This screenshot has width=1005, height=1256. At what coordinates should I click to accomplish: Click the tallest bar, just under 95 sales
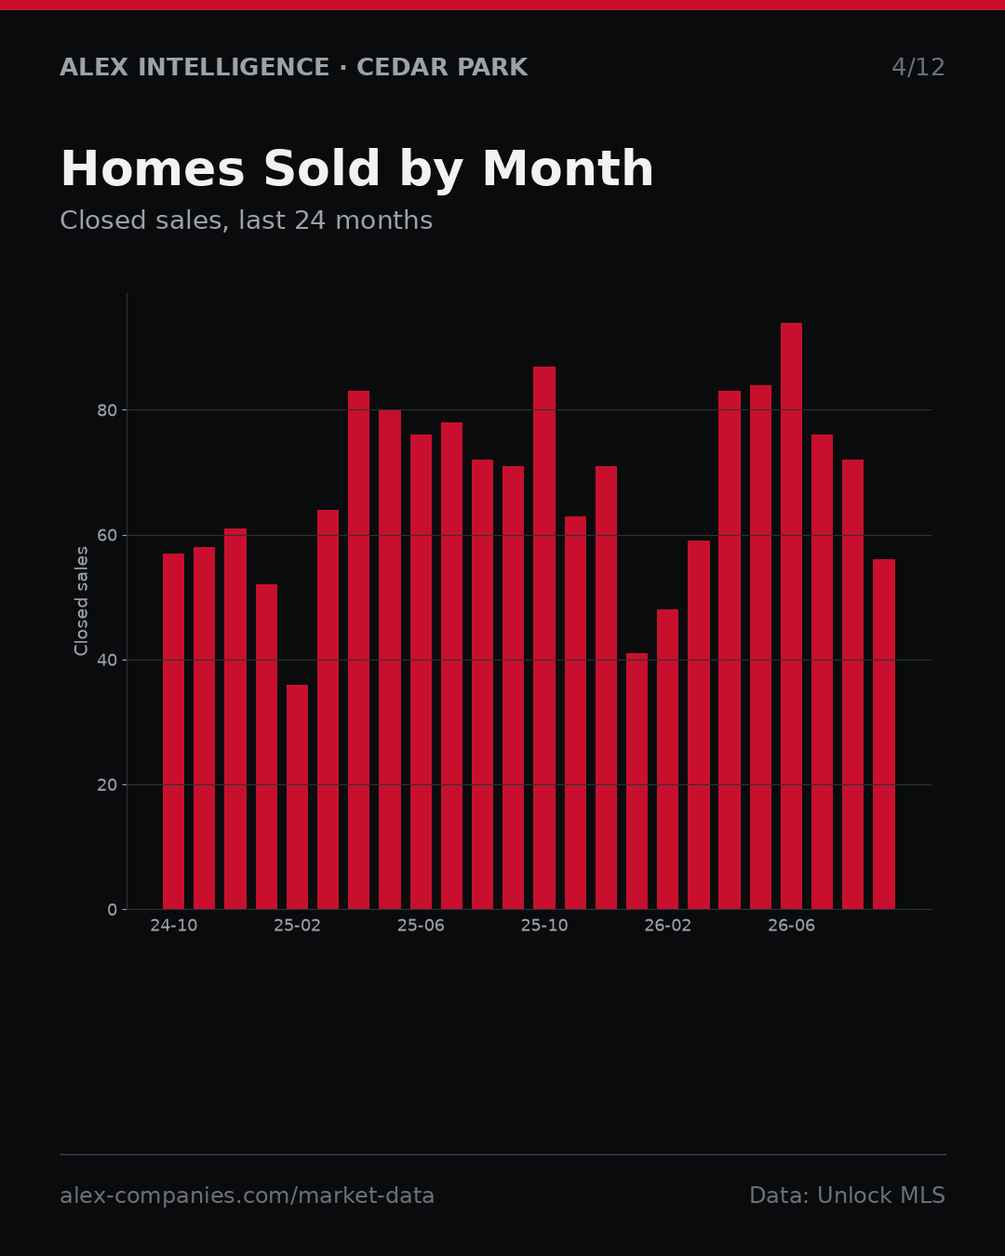[791, 616]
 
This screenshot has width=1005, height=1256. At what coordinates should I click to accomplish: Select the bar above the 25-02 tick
[297, 796]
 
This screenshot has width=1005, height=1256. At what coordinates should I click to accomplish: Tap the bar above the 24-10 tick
[173, 731]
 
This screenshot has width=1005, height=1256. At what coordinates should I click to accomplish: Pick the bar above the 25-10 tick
[544, 638]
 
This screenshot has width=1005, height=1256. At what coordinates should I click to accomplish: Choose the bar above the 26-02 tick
[667, 759]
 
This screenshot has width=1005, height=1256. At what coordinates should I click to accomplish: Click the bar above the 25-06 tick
[421, 672]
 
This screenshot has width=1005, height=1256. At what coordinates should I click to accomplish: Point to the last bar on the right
[884, 734]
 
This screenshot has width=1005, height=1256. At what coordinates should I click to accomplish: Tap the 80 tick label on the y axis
[107, 410]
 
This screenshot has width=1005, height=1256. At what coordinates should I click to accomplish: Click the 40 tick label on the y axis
[107, 661]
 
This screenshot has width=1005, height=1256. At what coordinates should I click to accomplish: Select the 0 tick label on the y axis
[113, 910]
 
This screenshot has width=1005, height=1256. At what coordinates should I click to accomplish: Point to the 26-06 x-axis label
[791, 926]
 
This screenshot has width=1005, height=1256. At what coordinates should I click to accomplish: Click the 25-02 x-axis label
[297, 926]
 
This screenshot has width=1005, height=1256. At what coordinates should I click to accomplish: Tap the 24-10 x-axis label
[173, 926]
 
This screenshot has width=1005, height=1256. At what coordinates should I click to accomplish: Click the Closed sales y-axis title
[81, 601]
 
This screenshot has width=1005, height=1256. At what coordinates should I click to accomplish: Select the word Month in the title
[568, 169]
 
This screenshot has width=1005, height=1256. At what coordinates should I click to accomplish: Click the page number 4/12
[918, 68]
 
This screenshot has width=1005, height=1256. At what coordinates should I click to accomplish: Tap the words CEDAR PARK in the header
[442, 68]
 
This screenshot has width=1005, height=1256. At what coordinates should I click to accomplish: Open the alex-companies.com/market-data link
[247, 1196]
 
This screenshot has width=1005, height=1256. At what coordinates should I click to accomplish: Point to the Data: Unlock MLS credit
[848, 1195]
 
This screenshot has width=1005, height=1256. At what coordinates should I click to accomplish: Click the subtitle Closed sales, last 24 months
[246, 220]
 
